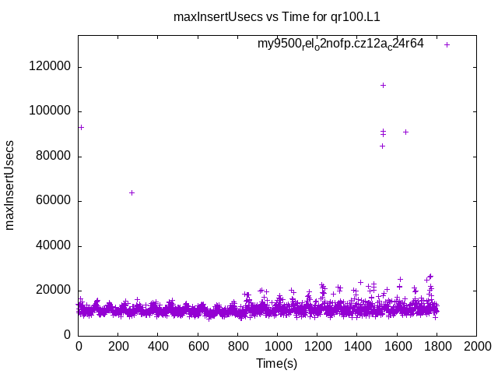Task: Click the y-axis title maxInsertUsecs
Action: [10, 185]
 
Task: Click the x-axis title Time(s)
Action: [276, 362]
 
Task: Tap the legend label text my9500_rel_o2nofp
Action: [340, 44]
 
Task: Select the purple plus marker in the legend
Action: [447, 44]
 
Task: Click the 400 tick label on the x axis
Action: [158, 344]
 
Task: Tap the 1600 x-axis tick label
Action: [397, 344]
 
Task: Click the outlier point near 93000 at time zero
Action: [81, 127]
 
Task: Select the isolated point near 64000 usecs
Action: [132, 192]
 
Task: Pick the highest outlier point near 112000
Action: [383, 85]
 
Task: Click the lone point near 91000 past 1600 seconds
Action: [405, 132]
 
